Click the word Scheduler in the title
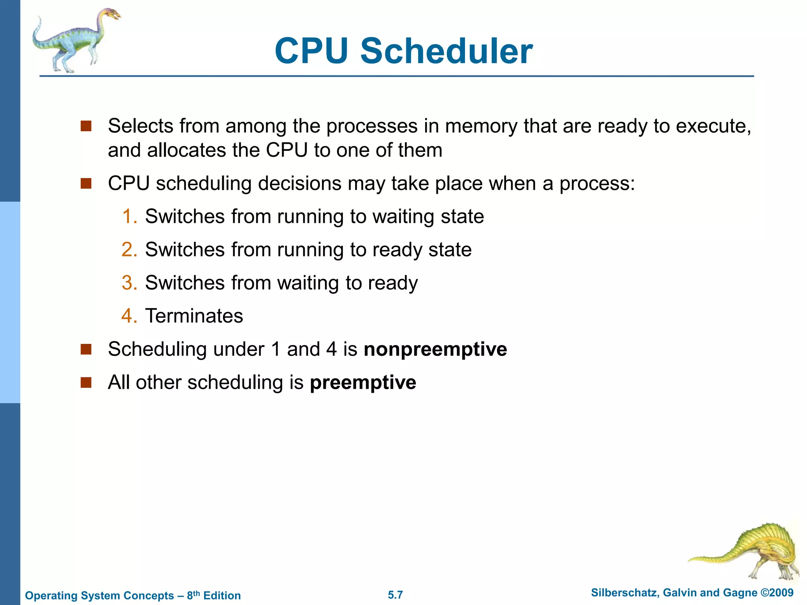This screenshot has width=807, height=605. coord(446,51)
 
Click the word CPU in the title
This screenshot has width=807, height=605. coord(311,51)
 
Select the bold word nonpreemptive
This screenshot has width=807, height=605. coord(435,349)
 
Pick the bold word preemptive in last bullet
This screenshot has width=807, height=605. coord(363,382)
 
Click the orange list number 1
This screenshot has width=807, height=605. coord(128,217)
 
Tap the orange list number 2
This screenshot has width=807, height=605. coord(128,250)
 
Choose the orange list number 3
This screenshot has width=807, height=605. coord(128,283)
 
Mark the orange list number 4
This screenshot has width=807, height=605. coord(128,316)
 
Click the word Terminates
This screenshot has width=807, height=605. coord(194,316)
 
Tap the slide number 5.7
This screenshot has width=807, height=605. coord(395,595)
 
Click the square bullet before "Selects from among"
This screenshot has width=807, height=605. coord(86,126)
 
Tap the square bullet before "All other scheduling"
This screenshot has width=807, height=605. coord(86,382)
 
